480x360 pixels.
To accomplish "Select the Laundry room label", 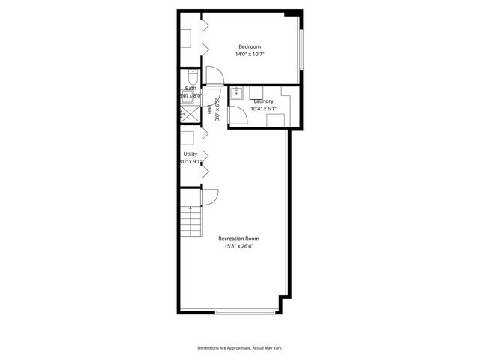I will point(263,100).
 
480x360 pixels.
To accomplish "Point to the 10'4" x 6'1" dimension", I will point(263,109).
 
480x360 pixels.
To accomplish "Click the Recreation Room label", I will point(239,238).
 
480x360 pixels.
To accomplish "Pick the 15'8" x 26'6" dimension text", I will point(239,247).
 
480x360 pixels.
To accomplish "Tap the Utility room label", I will point(190,154).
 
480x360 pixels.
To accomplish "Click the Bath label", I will point(190,88).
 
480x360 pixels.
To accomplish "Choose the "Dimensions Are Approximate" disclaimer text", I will point(239,348).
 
